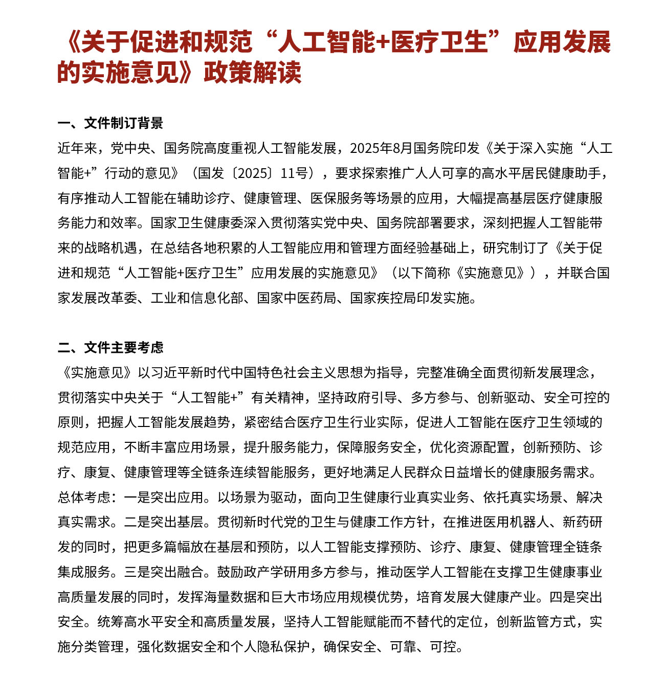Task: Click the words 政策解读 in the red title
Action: pyautogui.click(x=252, y=72)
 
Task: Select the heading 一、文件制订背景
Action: pyautogui.click(x=110, y=123)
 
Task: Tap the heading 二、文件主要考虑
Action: pyautogui.click(x=110, y=348)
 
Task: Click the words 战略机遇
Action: pyautogui.click(x=110, y=248)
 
